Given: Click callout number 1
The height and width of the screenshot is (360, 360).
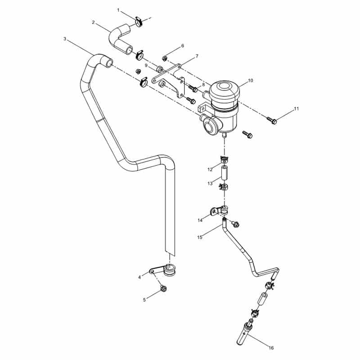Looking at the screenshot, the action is (118, 10).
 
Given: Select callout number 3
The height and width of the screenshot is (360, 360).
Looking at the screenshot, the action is (65, 39).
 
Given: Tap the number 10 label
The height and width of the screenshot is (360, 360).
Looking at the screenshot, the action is (250, 81).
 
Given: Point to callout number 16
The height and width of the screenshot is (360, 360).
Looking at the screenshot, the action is (271, 348).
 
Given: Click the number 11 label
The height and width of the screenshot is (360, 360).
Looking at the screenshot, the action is (297, 108).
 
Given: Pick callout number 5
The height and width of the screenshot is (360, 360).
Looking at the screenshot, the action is (144, 300).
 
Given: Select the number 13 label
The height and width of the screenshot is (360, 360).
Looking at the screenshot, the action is (210, 184).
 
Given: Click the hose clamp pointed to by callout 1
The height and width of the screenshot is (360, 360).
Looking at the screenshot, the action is (139, 21).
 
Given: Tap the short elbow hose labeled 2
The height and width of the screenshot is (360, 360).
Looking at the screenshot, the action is (120, 39).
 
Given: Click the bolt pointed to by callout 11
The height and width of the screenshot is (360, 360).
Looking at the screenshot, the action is (272, 120).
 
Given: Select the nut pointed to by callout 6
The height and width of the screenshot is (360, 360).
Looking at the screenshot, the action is (164, 58).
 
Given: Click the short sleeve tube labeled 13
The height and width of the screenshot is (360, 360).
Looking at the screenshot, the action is (224, 173).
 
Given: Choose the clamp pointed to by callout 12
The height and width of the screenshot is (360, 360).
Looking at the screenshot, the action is (225, 158).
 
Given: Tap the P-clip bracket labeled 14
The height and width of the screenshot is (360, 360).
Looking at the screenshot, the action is (219, 210).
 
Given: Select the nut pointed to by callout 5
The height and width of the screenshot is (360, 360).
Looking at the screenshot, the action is (163, 288).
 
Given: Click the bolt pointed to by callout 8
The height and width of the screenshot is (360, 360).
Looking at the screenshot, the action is (193, 88).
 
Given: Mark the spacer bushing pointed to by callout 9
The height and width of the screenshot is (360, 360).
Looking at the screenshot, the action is (159, 69).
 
